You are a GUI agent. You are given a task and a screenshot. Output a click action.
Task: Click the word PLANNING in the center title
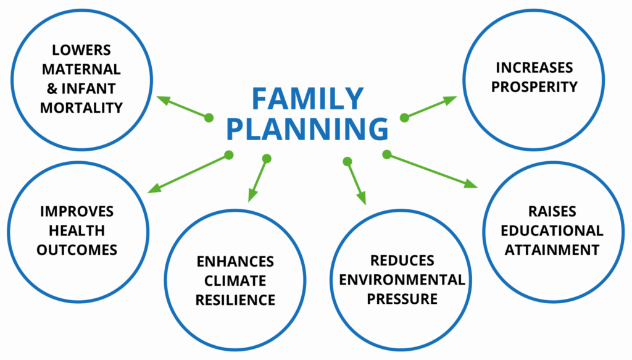point(307,129)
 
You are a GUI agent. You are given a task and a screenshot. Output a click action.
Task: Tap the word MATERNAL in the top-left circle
point(81,68)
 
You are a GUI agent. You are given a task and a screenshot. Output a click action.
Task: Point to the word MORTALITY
point(81,107)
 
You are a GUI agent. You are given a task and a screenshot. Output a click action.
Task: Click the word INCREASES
point(534,67)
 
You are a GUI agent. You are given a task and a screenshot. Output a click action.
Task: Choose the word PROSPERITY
point(534,87)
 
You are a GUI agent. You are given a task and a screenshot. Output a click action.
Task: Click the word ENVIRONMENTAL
point(402,280)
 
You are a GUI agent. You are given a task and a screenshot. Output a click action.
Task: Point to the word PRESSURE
point(402,299)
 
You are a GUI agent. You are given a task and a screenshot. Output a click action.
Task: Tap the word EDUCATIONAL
point(552,231)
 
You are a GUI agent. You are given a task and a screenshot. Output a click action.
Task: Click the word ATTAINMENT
point(552,250)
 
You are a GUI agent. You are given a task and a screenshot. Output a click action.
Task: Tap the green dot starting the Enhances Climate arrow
point(267,159)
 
